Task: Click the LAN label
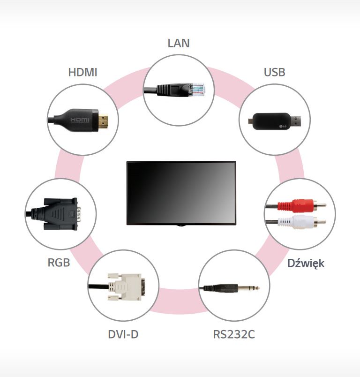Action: pos(179,43)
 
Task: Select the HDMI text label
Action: pos(82,72)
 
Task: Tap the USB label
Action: pos(274,72)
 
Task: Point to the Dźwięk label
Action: pos(306,263)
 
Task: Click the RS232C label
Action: pos(234,334)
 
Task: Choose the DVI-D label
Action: pos(123,334)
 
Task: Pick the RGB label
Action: pos(59,263)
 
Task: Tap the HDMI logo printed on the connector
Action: pos(80,120)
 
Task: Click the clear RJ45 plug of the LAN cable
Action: pos(197,90)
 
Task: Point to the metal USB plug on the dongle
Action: pos(296,121)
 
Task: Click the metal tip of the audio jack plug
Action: pos(249,288)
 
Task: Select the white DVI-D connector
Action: pos(127,287)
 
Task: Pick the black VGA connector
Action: pos(60,214)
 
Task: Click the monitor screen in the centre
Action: pos(181,193)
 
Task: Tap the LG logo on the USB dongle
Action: pos(283,126)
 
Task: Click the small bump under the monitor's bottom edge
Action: pos(181,226)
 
